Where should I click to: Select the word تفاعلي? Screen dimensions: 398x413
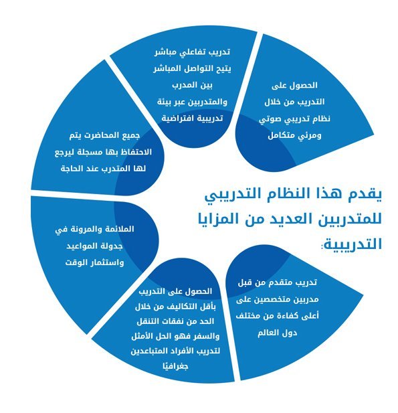click(191, 52)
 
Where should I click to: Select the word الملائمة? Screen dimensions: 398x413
click(116, 229)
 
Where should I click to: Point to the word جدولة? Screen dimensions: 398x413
click(112, 246)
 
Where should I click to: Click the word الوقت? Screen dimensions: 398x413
click(76, 262)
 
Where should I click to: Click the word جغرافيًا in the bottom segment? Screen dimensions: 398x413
click(175, 366)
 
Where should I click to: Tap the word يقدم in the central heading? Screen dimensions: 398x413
click(365, 194)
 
